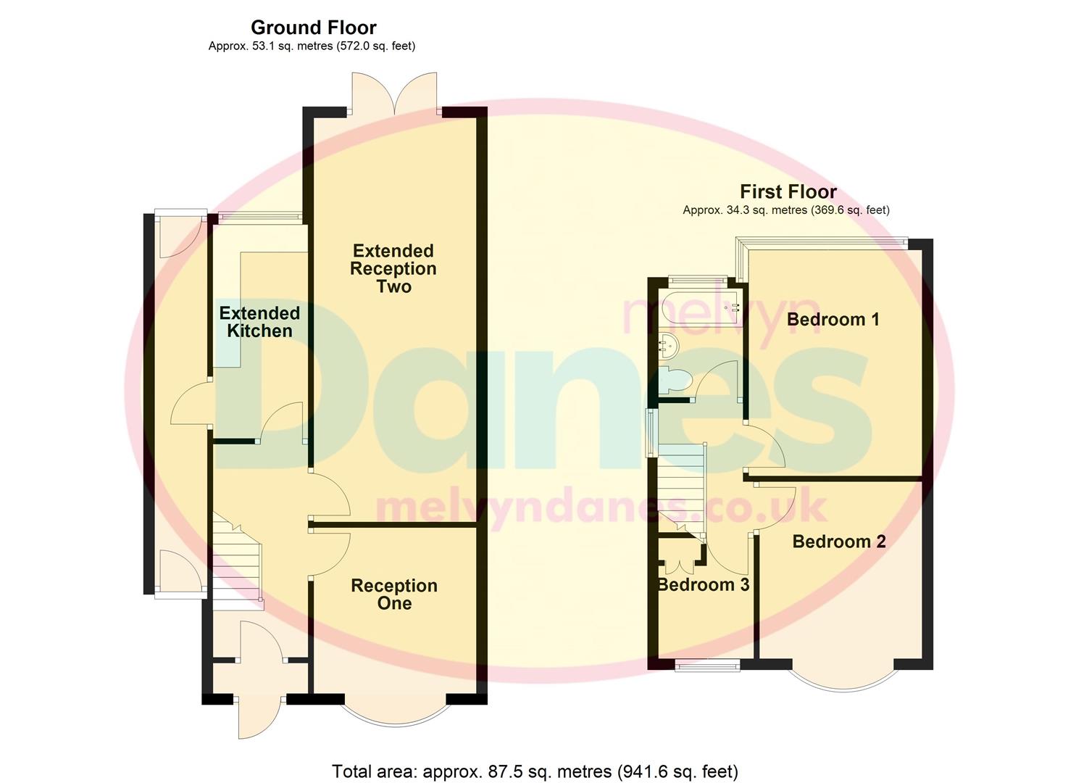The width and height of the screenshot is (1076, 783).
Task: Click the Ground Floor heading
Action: (313, 28)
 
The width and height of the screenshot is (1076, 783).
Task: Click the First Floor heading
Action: (788, 192)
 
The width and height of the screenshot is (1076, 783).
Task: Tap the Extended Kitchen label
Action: (259, 322)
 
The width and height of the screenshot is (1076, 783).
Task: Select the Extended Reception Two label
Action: (393, 269)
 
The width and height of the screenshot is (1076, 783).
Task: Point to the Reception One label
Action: (394, 594)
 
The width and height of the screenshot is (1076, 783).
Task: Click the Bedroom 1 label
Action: (833, 319)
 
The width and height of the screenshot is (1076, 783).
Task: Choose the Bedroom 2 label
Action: (839, 542)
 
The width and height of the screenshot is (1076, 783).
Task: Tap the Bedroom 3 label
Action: (704, 584)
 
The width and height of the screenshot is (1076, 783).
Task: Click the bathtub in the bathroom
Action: (701, 307)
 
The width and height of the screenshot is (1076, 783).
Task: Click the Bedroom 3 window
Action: (706, 665)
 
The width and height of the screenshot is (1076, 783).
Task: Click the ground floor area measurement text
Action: (312, 46)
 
